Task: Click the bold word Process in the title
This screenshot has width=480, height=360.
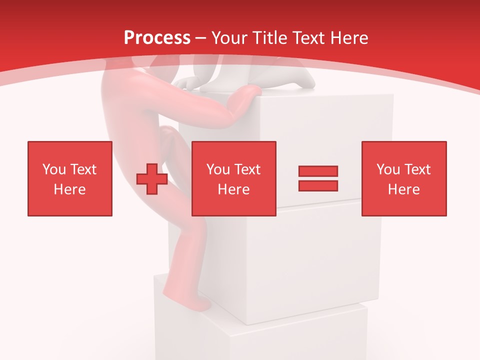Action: tap(157, 38)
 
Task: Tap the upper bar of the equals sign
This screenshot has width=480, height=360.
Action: tap(318, 171)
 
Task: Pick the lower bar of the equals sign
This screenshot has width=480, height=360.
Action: tap(318, 185)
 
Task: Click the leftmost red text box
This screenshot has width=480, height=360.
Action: tap(70, 178)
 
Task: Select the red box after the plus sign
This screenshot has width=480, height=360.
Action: tap(234, 178)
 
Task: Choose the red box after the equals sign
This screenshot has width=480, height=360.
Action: tap(404, 178)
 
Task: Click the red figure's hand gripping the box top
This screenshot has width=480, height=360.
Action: tap(248, 93)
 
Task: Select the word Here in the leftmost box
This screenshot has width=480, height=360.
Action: tap(70, 189)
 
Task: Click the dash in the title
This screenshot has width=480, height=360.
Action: tap(201, 38)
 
